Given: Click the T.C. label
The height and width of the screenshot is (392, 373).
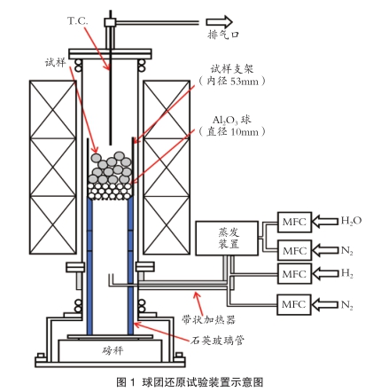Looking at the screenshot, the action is click(78, 21).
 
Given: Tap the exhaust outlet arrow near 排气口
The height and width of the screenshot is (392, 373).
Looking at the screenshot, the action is click(219, 22).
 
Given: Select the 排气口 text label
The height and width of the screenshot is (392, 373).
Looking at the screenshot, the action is click(223, 35).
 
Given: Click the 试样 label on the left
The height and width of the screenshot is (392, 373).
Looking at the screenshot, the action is click(55, 62).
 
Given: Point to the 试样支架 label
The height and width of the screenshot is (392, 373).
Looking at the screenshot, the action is click(232, 69).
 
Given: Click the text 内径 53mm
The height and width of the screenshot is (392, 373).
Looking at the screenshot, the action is click(232, 81).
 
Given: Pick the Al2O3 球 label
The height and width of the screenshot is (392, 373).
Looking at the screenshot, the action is click(232, 120).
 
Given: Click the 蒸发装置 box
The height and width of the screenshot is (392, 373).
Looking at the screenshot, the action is click(227, 239).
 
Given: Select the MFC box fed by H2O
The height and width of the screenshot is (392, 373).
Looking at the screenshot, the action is click(294, 222).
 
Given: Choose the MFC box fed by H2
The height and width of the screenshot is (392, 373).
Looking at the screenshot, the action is click(294, 274).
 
